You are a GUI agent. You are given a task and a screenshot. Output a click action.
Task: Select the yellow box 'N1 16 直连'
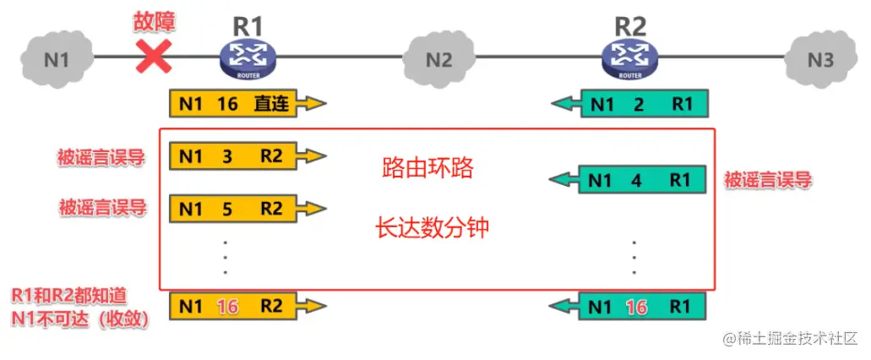click(237, 105)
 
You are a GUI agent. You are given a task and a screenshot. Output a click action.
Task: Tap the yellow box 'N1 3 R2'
click(237, 155)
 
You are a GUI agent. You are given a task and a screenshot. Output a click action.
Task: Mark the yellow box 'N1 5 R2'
click(237, 208)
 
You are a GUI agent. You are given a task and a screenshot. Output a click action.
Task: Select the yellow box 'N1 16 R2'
click(237, 306)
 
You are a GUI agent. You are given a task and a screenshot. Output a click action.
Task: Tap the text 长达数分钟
click(432, 227)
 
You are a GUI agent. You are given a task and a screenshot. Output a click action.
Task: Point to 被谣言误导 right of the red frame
click(768, 179)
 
